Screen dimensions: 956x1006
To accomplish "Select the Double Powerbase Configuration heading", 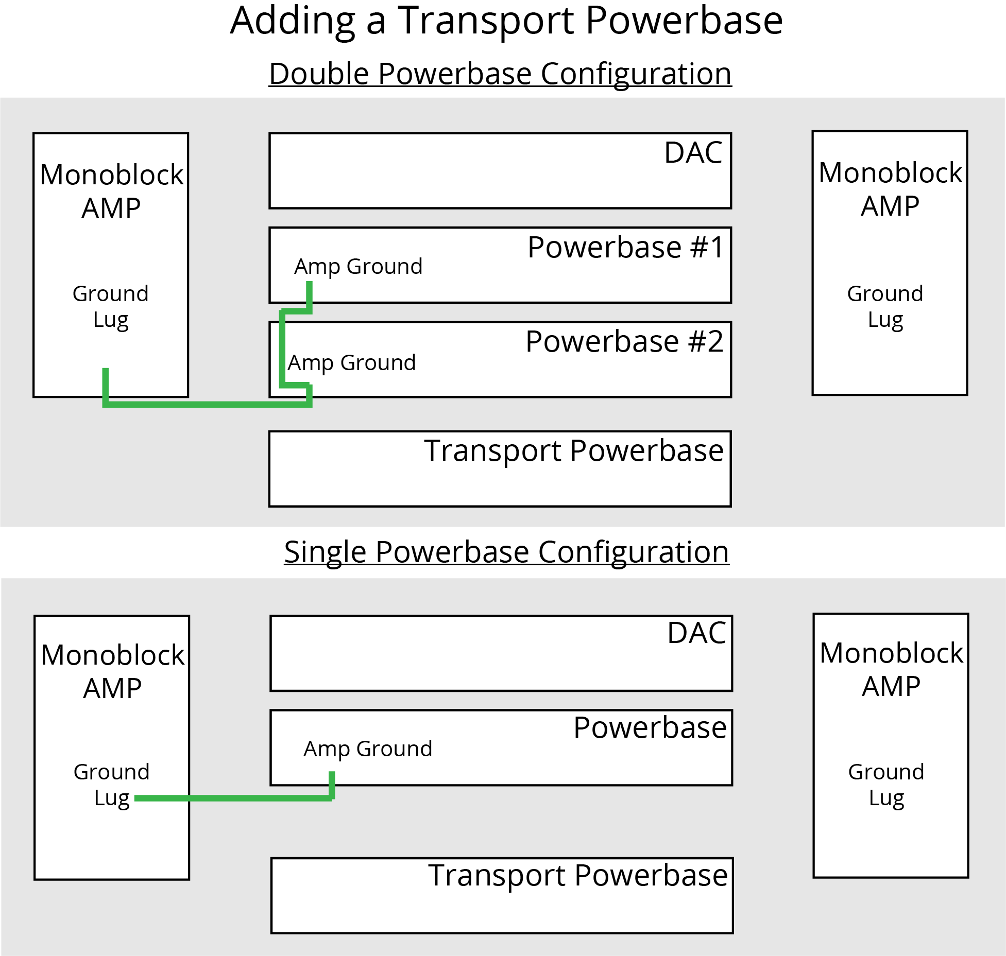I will (x=500, y=74).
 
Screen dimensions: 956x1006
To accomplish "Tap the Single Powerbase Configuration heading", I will (x=506, y=552).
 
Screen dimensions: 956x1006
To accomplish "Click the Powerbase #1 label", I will (x=626, y=247).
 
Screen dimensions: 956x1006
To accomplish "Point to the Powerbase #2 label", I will (x=624, y=341).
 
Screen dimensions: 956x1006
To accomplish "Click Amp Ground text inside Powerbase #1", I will (x=358, y=267).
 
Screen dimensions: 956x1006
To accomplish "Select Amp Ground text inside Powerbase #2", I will (x=351, y=363).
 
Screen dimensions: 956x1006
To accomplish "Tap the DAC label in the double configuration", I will (x=693, y=153).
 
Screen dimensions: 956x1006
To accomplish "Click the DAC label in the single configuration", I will (x=696, y=633).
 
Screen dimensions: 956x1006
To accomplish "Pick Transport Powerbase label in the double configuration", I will (x=574, y=451).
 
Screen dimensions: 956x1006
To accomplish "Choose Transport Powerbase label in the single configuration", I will (x=578, y=875).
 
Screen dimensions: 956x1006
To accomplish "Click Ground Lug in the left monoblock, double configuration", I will (x=111, y=307).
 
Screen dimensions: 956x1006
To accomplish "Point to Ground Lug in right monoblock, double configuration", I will (x=885, y=307).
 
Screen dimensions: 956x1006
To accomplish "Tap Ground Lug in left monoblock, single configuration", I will (x=112, y=785).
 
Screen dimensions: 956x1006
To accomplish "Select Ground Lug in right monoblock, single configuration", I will (x=886, y=785).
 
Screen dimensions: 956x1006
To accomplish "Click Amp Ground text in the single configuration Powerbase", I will (x=368, y=749).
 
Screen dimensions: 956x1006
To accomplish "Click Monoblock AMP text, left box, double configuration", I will (x=111, y=191).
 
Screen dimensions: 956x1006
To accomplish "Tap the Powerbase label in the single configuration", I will (x=650, y=728).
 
